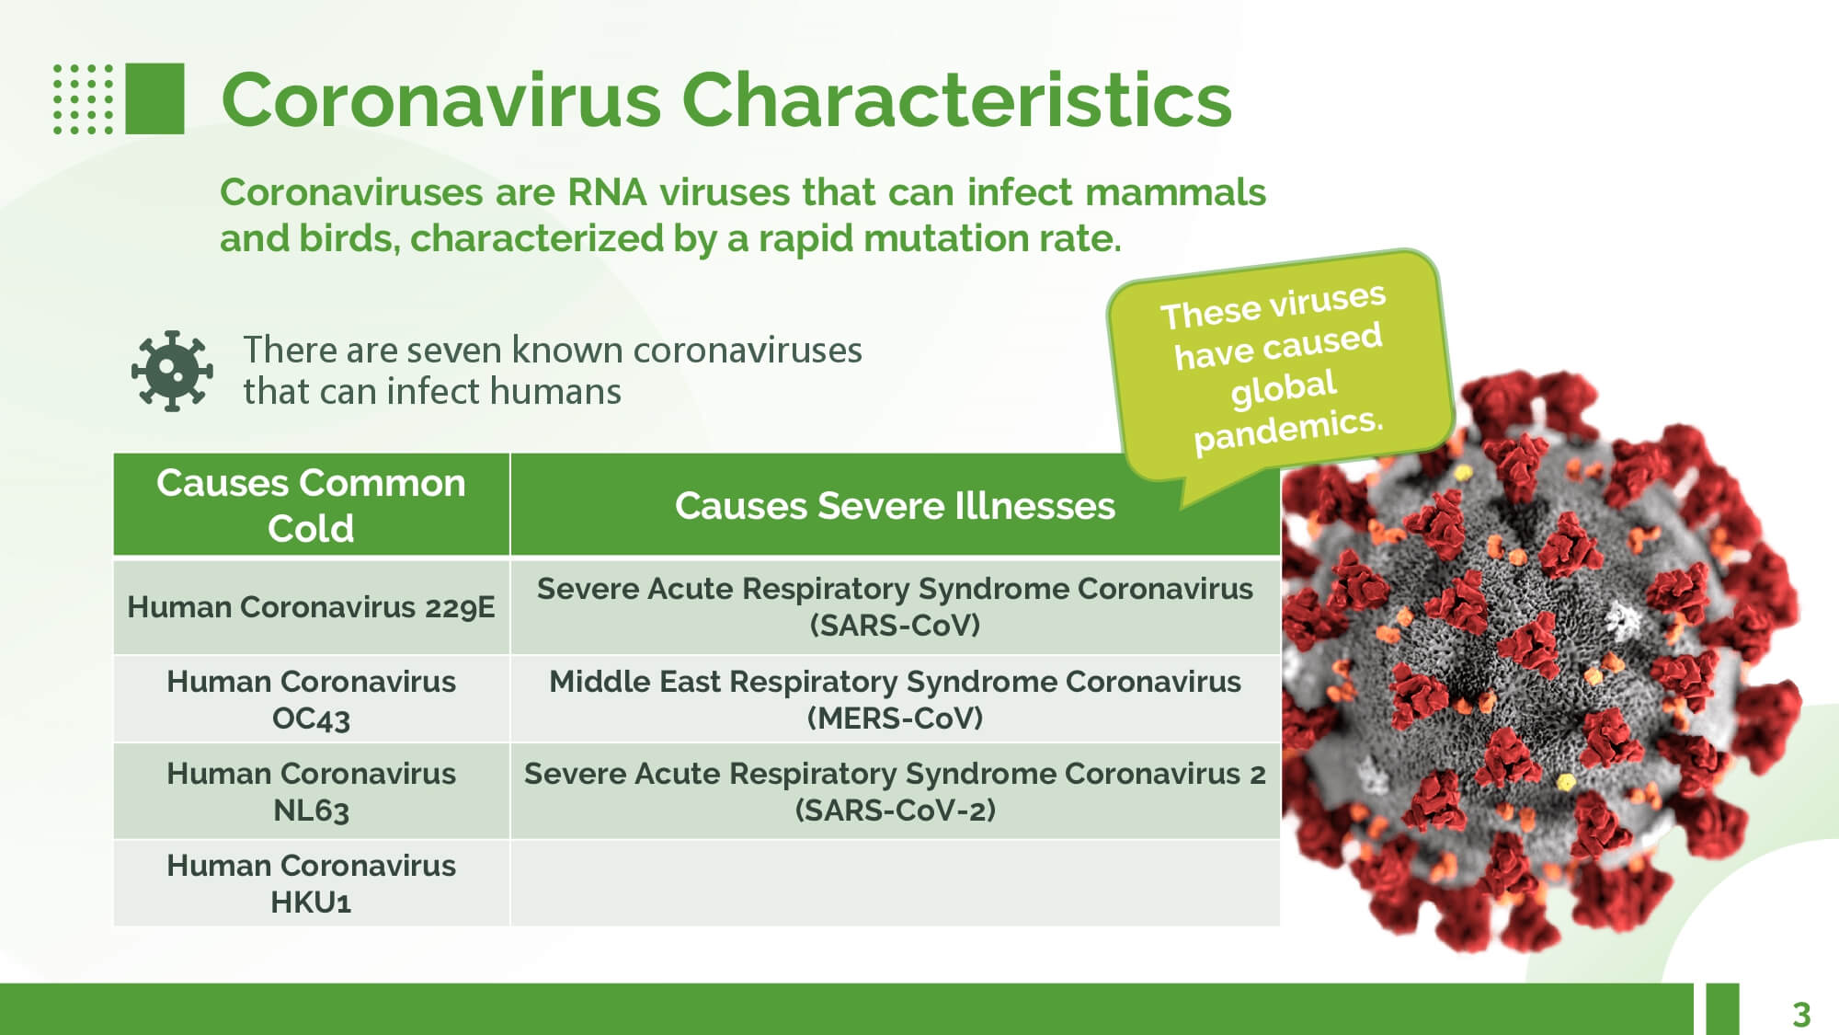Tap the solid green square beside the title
click(x=154, y=98)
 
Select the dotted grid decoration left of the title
click(x=83, y=98)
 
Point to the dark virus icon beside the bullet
click(x=172, y=371)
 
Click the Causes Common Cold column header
click(x=311, y=505)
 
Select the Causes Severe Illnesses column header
click(x=895, y=505)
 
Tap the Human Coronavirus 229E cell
click(x=311, y=607)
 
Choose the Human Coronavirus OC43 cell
click(x=311, y=699)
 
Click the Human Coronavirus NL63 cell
click(x=311, y=791)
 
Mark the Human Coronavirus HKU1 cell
click(x=311, y=883)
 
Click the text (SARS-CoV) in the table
click(x=895, y=626)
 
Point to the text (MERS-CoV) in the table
click(x=895, y=718)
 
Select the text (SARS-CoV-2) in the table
click(x=895, y=811)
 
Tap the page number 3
click(x=1801, y=1014)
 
